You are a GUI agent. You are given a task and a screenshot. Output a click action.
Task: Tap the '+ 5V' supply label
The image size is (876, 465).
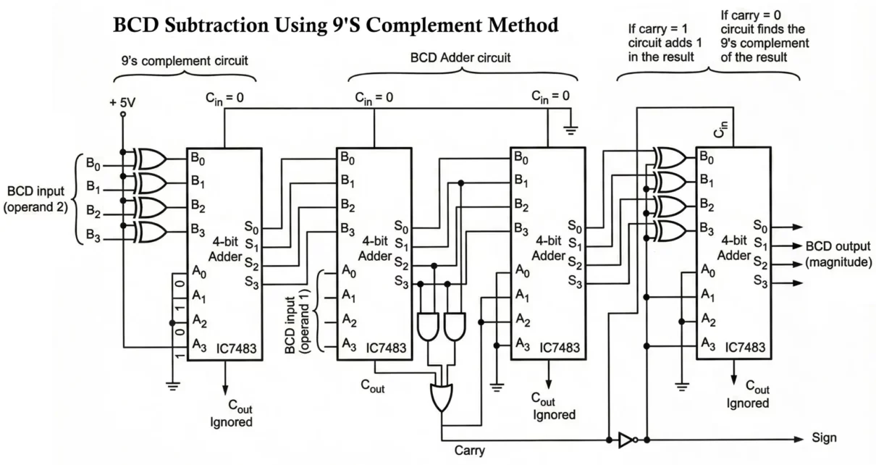click(x=123, y=102)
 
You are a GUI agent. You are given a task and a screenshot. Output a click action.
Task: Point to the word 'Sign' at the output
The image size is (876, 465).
click(x=824, y=438)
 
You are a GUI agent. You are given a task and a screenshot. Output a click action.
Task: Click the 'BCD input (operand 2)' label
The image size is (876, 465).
click(x=36, y=200)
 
